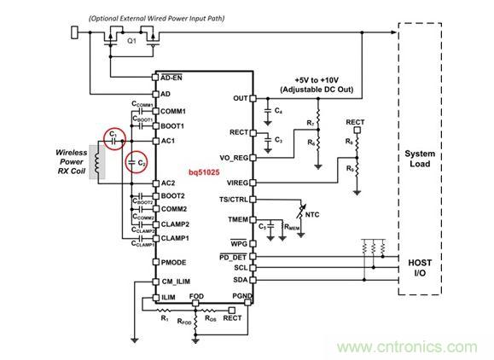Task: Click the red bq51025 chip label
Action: pyautogui.click(x=206, y=173)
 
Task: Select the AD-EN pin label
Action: pyautogui.click(x=172, y=77)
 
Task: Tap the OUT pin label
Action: pyautogui.click(x=240, y=98)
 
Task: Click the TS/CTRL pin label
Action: pyautogui.click(x=232, y=200)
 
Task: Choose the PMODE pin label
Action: pyautogui.click(x=173, y=262)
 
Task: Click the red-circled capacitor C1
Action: pyautogui.click(x=111, y=136)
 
